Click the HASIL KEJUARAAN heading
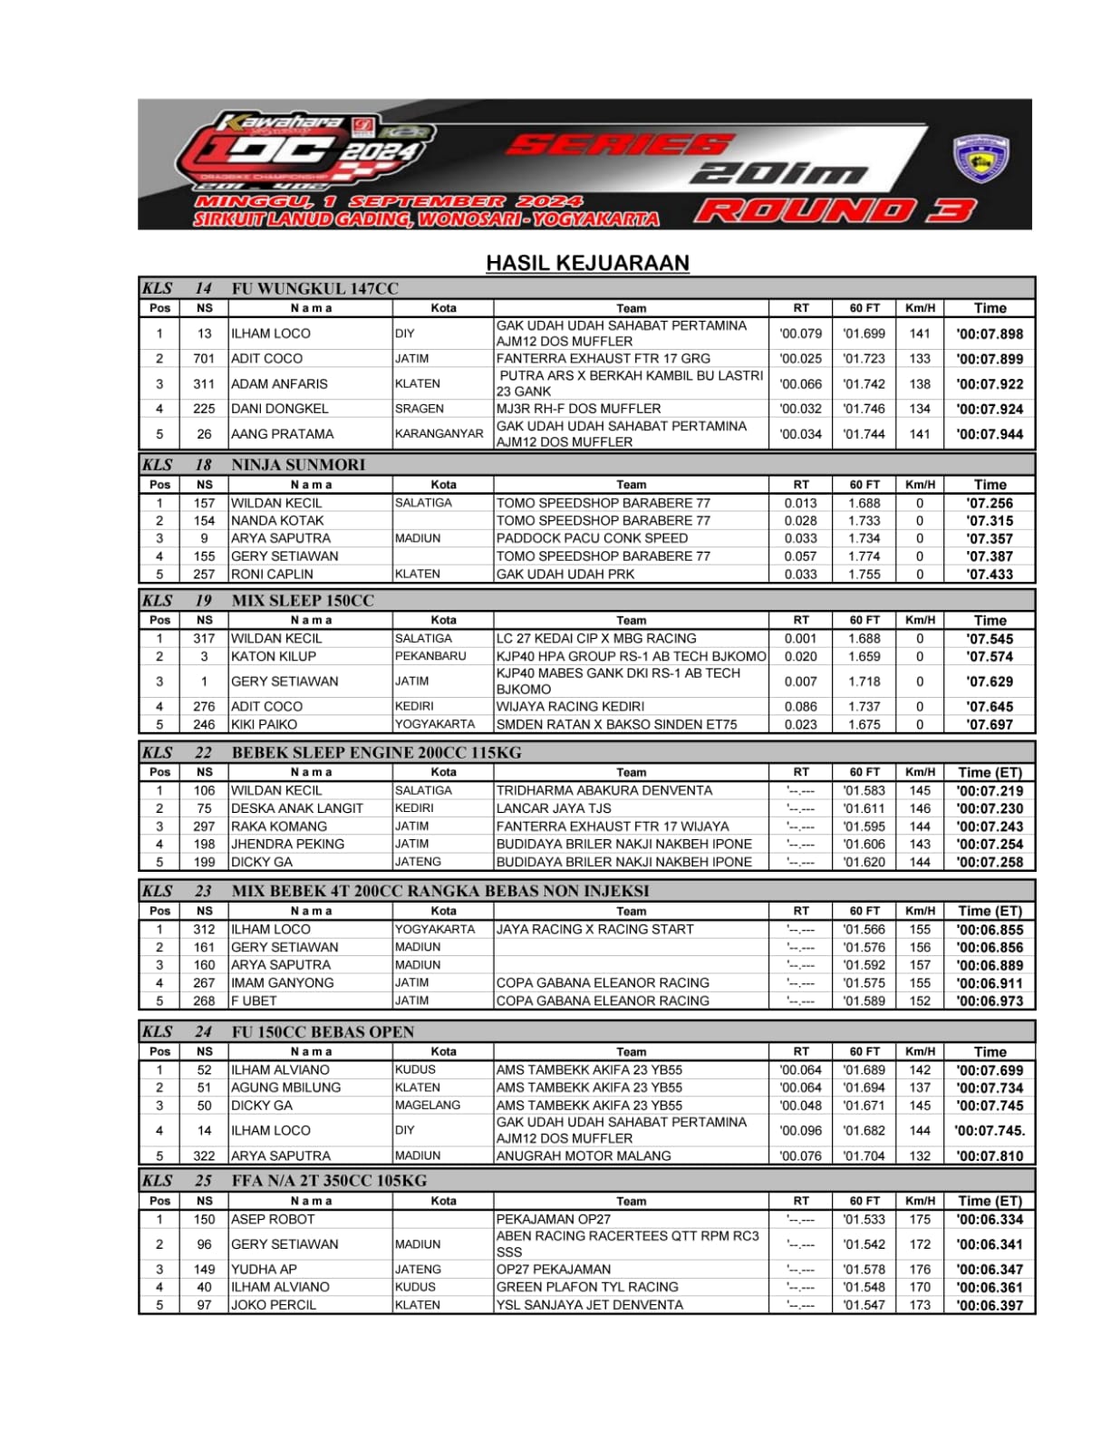(x=587, y=263)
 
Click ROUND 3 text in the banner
(x=835, y=210)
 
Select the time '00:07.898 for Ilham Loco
(x=990, y=333)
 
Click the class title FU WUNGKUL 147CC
(x=314, y=288)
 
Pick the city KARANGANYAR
(x=439, y=433)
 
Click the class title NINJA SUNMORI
(x=298, y=465)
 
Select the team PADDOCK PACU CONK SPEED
(x=592, y=538)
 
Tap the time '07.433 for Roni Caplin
(x=990, y=574)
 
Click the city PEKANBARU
(x=430, y=656)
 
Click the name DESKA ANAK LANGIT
(x=296, y=808)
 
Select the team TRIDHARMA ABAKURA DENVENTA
(x=603, y=790)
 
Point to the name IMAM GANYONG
(x=282, y=982)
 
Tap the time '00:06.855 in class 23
(x=990, y=929)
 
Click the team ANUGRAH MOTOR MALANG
(x=584, y=1155)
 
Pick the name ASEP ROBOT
(x=273, y=1219)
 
